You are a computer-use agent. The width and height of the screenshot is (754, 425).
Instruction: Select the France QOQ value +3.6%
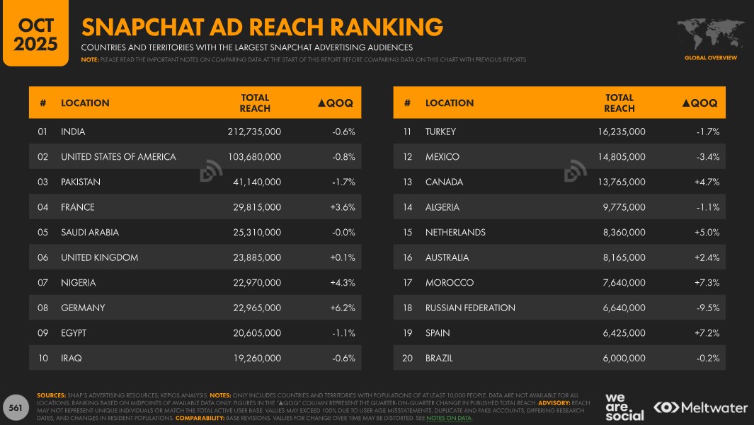(343, 207)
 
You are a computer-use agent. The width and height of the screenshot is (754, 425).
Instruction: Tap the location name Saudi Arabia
(90, 232)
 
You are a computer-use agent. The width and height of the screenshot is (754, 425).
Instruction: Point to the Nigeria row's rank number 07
(43, 283)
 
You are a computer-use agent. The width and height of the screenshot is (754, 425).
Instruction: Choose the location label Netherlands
(455, 232)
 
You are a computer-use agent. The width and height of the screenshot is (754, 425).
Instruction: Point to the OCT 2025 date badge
(36, 34)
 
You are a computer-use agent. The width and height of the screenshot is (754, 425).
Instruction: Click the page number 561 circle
(15, 408)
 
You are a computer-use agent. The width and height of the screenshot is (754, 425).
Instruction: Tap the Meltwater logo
(701, 407)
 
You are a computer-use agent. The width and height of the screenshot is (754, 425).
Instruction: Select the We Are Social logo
(624, 407)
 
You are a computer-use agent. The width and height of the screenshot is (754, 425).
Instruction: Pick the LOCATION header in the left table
(85, 103)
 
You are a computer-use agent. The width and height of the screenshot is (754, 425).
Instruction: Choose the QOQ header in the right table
(700, 103)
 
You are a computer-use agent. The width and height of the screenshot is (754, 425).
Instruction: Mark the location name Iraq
(72, 358)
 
